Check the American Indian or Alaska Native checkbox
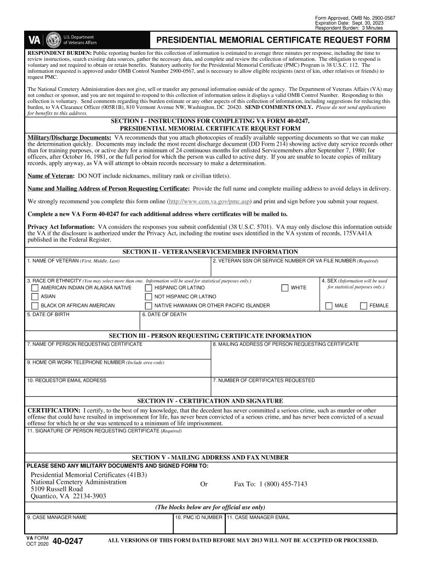35,288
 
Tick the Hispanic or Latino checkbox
149,288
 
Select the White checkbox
285,288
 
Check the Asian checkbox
35,296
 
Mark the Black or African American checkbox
35,306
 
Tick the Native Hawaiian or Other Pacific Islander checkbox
149,306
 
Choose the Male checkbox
329,306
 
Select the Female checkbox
363,306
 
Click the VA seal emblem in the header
54,41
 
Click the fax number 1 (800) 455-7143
270,484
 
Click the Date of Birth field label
48,315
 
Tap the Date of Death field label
164,315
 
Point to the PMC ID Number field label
198,517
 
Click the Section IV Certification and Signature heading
210,401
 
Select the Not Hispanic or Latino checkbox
149,296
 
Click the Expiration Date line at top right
345,23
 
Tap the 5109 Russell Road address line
56,489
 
